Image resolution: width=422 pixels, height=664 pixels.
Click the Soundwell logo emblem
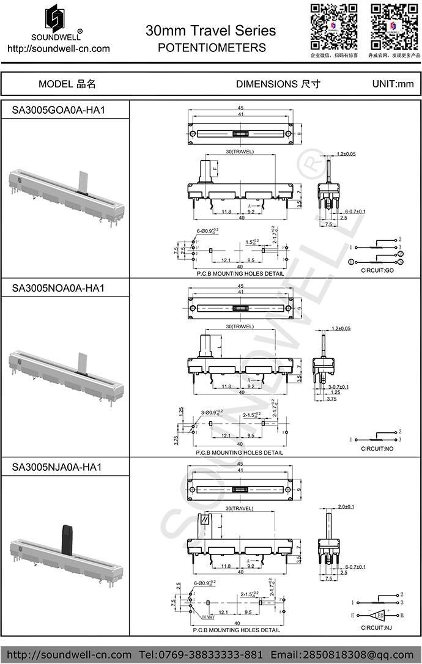56,18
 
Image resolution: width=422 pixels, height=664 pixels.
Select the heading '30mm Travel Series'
210,31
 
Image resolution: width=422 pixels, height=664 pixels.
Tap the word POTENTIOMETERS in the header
211,47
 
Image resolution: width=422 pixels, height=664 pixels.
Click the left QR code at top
333,26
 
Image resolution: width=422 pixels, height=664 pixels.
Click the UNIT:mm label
393,84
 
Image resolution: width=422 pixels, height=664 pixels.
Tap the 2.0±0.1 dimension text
346,507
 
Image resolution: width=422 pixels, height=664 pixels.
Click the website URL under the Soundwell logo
58,48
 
